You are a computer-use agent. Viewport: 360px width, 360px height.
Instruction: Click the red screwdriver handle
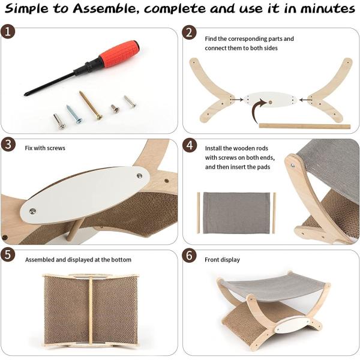(119, 53)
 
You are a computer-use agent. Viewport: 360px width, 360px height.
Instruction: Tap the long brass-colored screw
(91, 106)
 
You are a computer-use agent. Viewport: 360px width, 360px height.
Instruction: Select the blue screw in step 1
(74, 114)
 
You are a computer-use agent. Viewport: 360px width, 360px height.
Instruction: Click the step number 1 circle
(8, 31)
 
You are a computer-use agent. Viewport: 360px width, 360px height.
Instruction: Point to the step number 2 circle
(189, 32)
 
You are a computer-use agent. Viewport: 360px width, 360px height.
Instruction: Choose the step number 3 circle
(8, 145)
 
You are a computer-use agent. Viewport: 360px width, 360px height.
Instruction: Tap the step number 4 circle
(190, 145)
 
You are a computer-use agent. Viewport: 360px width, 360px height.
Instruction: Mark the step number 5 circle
(8, 254)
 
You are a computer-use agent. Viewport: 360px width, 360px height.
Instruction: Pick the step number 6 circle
(189, 256)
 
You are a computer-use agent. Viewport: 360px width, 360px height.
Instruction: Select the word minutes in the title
(328, 8)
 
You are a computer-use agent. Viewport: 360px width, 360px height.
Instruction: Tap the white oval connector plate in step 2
(270, 100)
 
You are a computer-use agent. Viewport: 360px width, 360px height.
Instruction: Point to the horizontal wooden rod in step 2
(305, 126)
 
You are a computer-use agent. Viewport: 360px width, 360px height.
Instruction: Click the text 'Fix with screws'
(45, 148)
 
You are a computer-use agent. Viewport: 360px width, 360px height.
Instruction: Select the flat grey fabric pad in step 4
(236, 213)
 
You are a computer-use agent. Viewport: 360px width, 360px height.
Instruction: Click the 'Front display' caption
(222, 260)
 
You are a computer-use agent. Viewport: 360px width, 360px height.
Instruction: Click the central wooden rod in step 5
(91, 310)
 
